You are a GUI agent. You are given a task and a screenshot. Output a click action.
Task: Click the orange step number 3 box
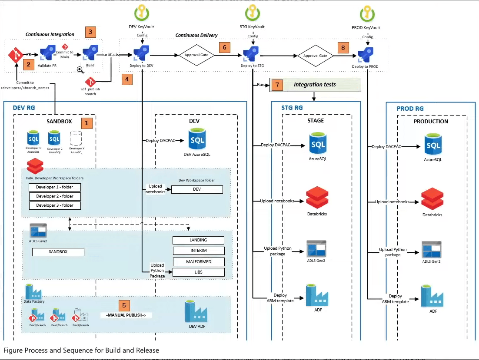(90, 32)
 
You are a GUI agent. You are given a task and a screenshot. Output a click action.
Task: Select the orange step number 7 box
(277, 85)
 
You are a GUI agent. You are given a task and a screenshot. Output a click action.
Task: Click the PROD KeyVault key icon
(367, 13)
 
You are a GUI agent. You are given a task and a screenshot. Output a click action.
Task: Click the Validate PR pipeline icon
(48, 54)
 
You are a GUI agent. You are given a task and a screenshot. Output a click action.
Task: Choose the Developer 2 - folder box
(55, 196)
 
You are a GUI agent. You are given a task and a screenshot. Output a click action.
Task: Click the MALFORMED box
(198, 261)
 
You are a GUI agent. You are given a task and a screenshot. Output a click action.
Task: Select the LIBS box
(198, 272)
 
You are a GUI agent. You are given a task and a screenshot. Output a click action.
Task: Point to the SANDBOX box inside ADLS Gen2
(58, 252)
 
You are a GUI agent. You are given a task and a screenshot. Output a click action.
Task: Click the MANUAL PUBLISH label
(126, 315)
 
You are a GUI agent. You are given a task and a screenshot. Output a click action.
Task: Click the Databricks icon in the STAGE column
(316, 198)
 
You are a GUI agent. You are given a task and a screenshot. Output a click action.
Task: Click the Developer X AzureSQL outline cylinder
(77, 139)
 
